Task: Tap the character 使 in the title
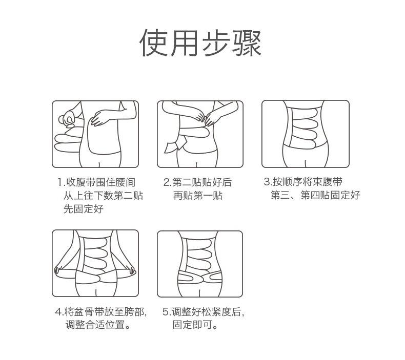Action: (x=154, y=43)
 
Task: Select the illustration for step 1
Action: (x=95, y=134)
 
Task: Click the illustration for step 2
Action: (x=200, y=134)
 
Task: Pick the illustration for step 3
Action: (x=305, y=134)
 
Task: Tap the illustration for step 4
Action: (x=95, y=263)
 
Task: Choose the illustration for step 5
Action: (x=200, y=263)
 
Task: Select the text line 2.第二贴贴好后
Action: (x=197, y=182)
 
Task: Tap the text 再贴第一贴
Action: (x=197, y=196)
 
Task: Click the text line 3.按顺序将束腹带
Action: (x=303, y=182)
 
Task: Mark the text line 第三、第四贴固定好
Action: (x=315, y=195)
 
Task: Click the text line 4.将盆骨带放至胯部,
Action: (x=101, y=312)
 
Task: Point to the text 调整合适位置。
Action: (x=97, y=325)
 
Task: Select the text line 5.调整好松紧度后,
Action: (x=204, y=312)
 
